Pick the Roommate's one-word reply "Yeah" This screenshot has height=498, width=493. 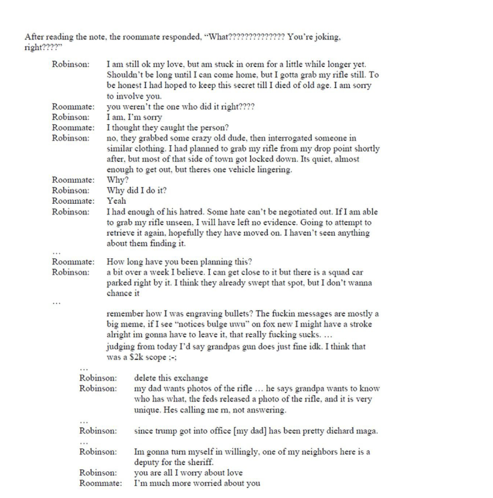click(116, 201)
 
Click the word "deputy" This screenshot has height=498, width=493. click(146, 462)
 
